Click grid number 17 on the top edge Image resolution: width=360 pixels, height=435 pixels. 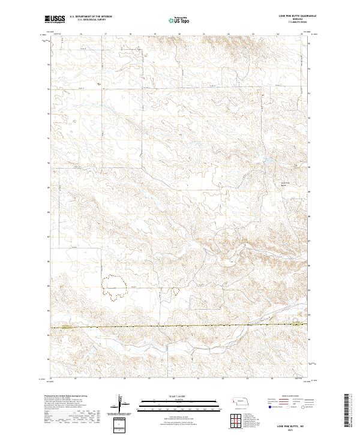click(106, 34)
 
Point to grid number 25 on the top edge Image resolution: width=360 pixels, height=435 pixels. click(302, 34)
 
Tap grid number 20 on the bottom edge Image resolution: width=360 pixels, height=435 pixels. click(173, 379)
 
